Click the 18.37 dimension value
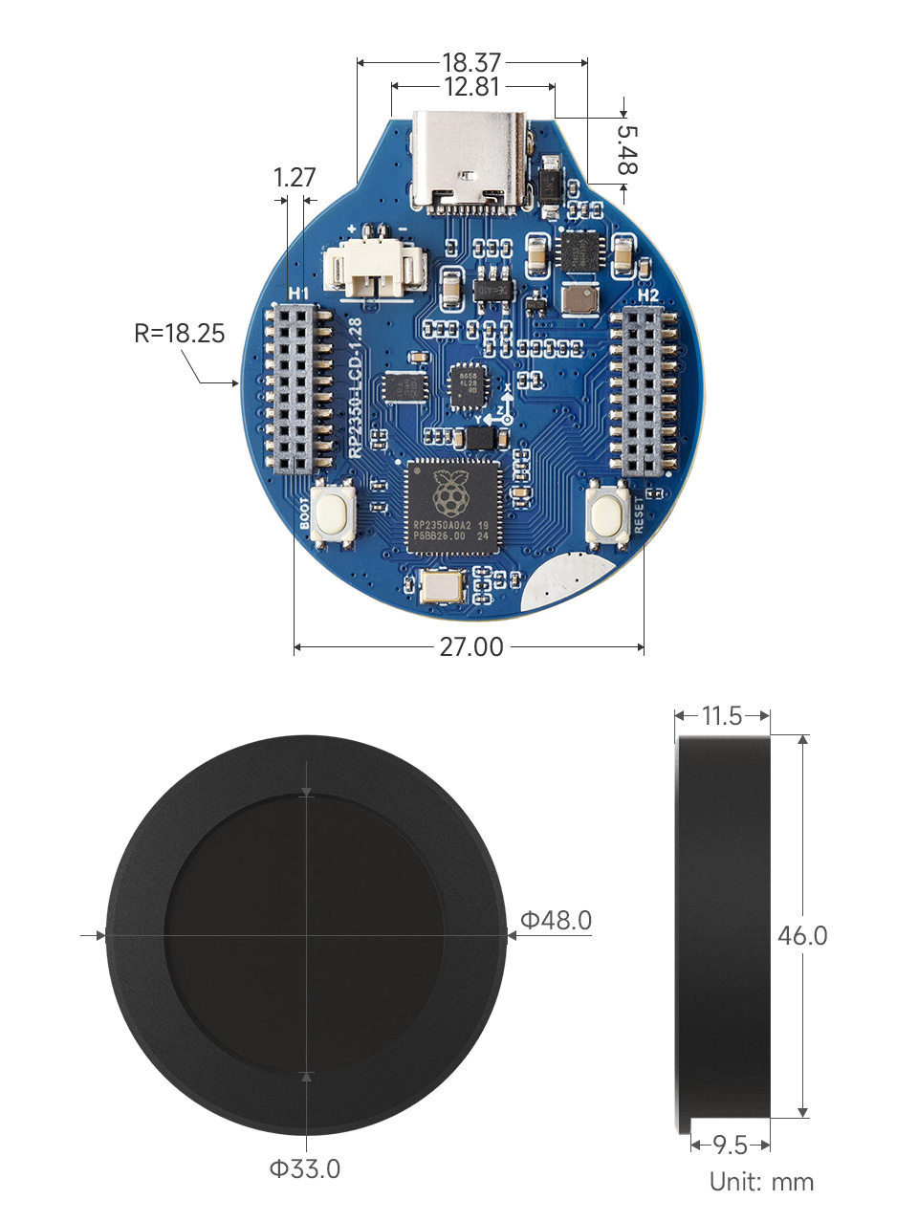471,63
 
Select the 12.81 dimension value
471,87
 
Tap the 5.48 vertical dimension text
626,149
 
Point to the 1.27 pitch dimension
294,177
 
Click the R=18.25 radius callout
180,333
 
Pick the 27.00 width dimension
470,647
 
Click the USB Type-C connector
469,161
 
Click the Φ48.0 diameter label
556,921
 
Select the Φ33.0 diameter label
304,1168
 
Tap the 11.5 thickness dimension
722,716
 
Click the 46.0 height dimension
802,935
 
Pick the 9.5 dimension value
731,1145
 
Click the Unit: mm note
761,1182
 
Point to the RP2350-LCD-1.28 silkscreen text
355,387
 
